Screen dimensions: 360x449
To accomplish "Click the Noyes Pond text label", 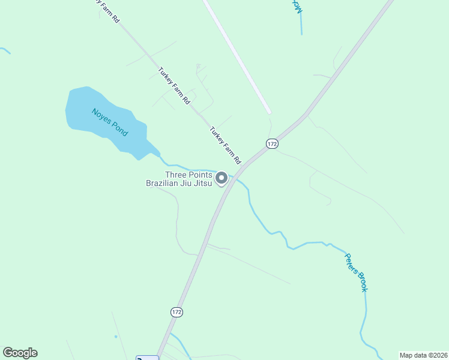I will coord(110,122).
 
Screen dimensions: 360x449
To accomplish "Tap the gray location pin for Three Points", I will coord(221,178).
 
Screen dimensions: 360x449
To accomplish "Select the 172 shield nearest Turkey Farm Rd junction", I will coord(273,144).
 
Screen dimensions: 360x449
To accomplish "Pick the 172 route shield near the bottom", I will coord(176,313).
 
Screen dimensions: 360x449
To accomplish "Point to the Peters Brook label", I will coord(355,272).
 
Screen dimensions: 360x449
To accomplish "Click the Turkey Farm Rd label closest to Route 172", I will coord(225,145).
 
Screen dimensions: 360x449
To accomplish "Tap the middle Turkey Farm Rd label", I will coord(174,85).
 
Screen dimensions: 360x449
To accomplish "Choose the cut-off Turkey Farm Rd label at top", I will coord(108,11).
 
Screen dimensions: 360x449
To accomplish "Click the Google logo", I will coord(20,353).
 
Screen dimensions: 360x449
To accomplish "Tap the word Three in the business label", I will coord(176,175).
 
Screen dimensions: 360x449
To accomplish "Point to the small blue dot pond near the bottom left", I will coord(116,337).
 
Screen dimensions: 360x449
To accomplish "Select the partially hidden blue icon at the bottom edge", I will coord(147,358).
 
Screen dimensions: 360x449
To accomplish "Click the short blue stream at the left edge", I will coord(5,50).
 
